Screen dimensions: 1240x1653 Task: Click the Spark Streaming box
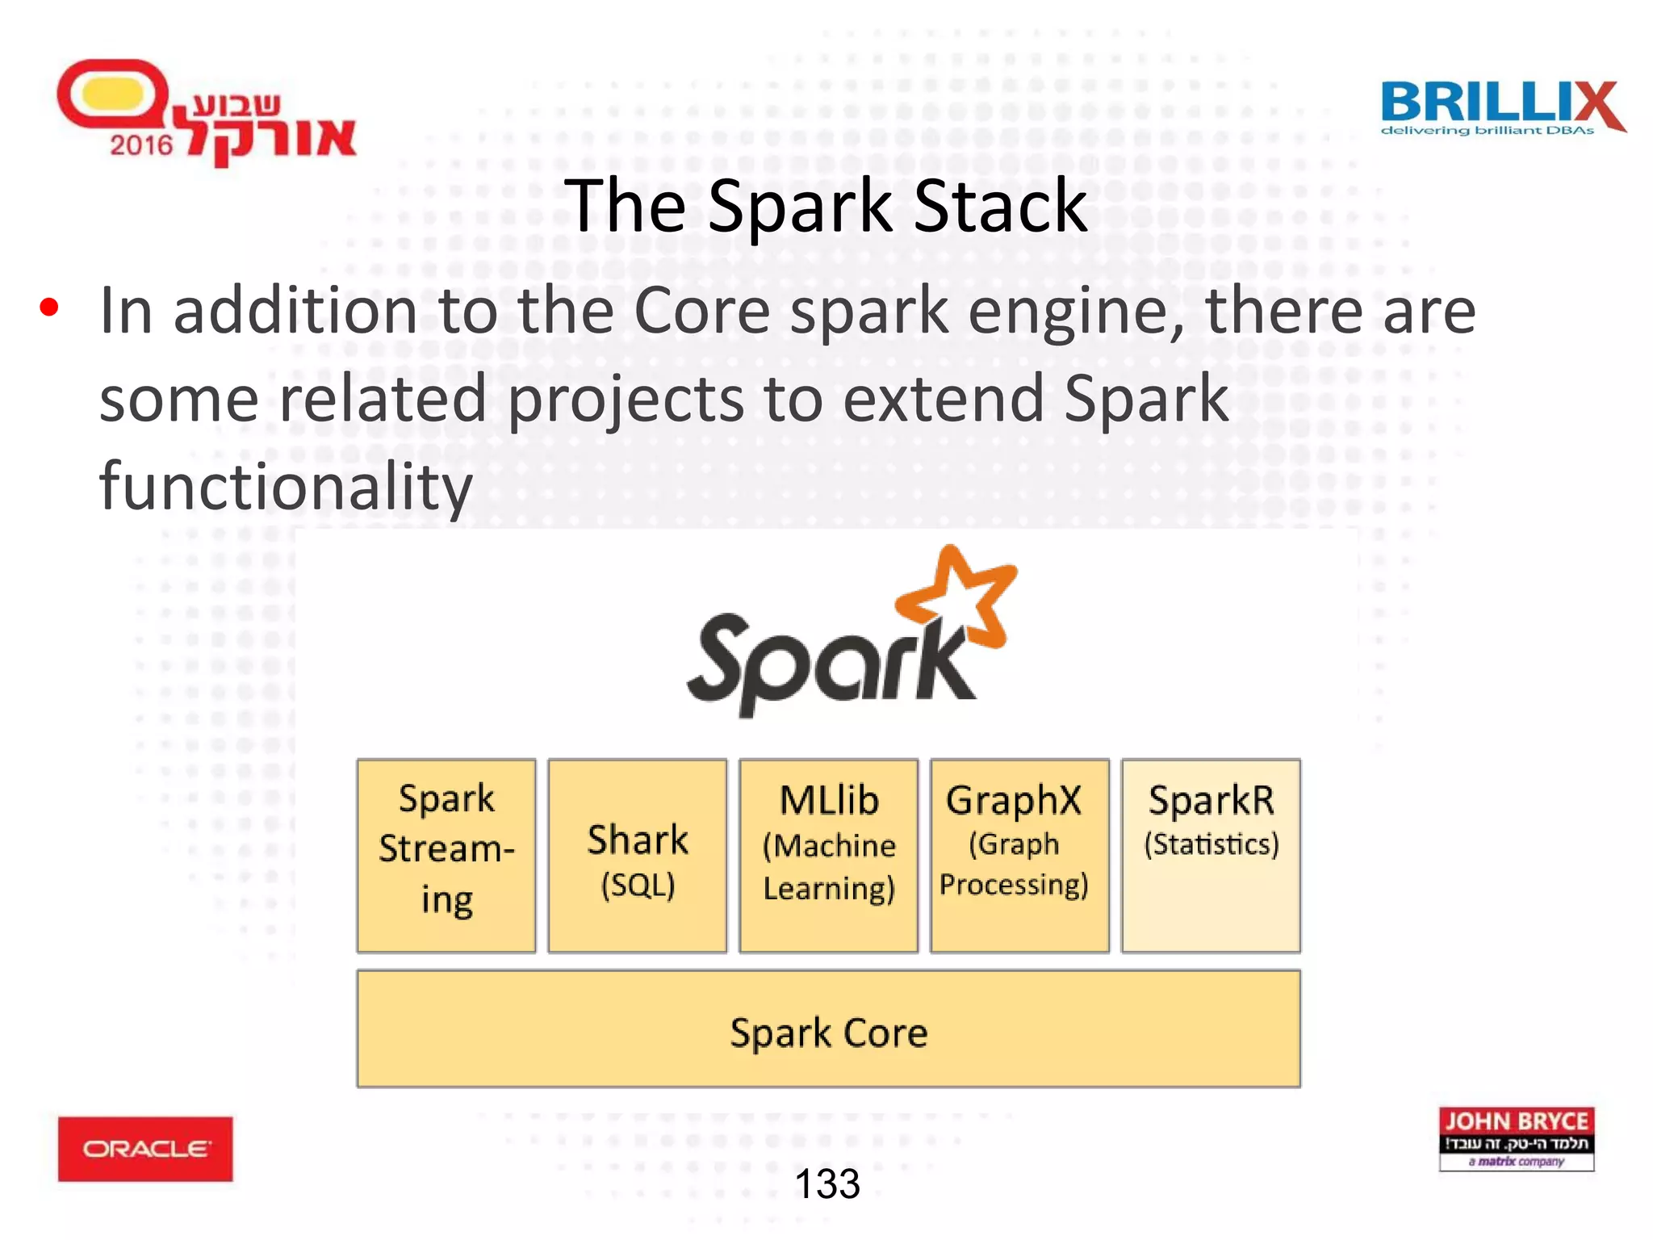[x=446, y=856]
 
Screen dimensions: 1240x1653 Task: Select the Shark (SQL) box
[x=638, y=856]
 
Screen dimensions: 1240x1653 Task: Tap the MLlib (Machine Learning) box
[x=829, y=856]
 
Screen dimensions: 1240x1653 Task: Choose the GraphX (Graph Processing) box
[x=1019, y=856]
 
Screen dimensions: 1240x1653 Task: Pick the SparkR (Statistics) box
[x=1211, y=856]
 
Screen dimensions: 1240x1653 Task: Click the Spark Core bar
[x=829, y=1030]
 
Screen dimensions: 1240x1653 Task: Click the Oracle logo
[x=145, y=1149]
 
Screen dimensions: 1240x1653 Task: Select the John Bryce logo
[x=1517, y=1138]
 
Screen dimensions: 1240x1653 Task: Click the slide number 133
[x=827, y=1184]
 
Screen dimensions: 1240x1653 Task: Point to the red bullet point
[x=49, y=308]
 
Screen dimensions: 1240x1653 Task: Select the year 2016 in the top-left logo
[x=141, y=145]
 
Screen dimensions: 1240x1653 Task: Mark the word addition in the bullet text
[x=295, y=312]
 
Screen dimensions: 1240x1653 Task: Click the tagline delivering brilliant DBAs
[x=1487, y=131]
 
